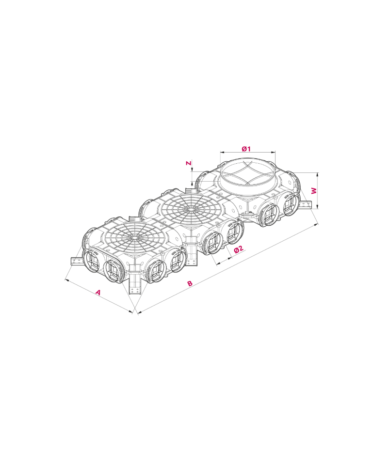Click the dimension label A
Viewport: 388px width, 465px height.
(98, 293)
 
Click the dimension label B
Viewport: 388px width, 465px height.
(190, 283)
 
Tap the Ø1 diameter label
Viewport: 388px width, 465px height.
(246, 149)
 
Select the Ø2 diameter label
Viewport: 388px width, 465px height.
(239, 249)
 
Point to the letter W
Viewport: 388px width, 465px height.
(314, 191)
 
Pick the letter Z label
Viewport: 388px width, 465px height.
(188, 163)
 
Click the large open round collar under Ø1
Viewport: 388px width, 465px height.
(247, 177)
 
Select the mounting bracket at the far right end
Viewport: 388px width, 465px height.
(306, 204)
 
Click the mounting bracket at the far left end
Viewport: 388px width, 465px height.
(76, 261)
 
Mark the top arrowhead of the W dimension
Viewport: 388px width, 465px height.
(317, 174)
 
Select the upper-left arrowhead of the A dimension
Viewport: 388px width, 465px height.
(66, 279)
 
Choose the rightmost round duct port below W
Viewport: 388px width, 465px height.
(291, 203)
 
